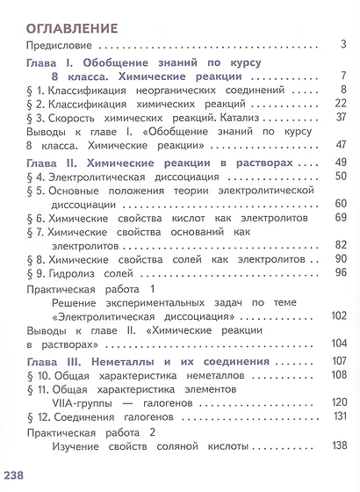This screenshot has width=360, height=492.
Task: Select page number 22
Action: tap(340, 103)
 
